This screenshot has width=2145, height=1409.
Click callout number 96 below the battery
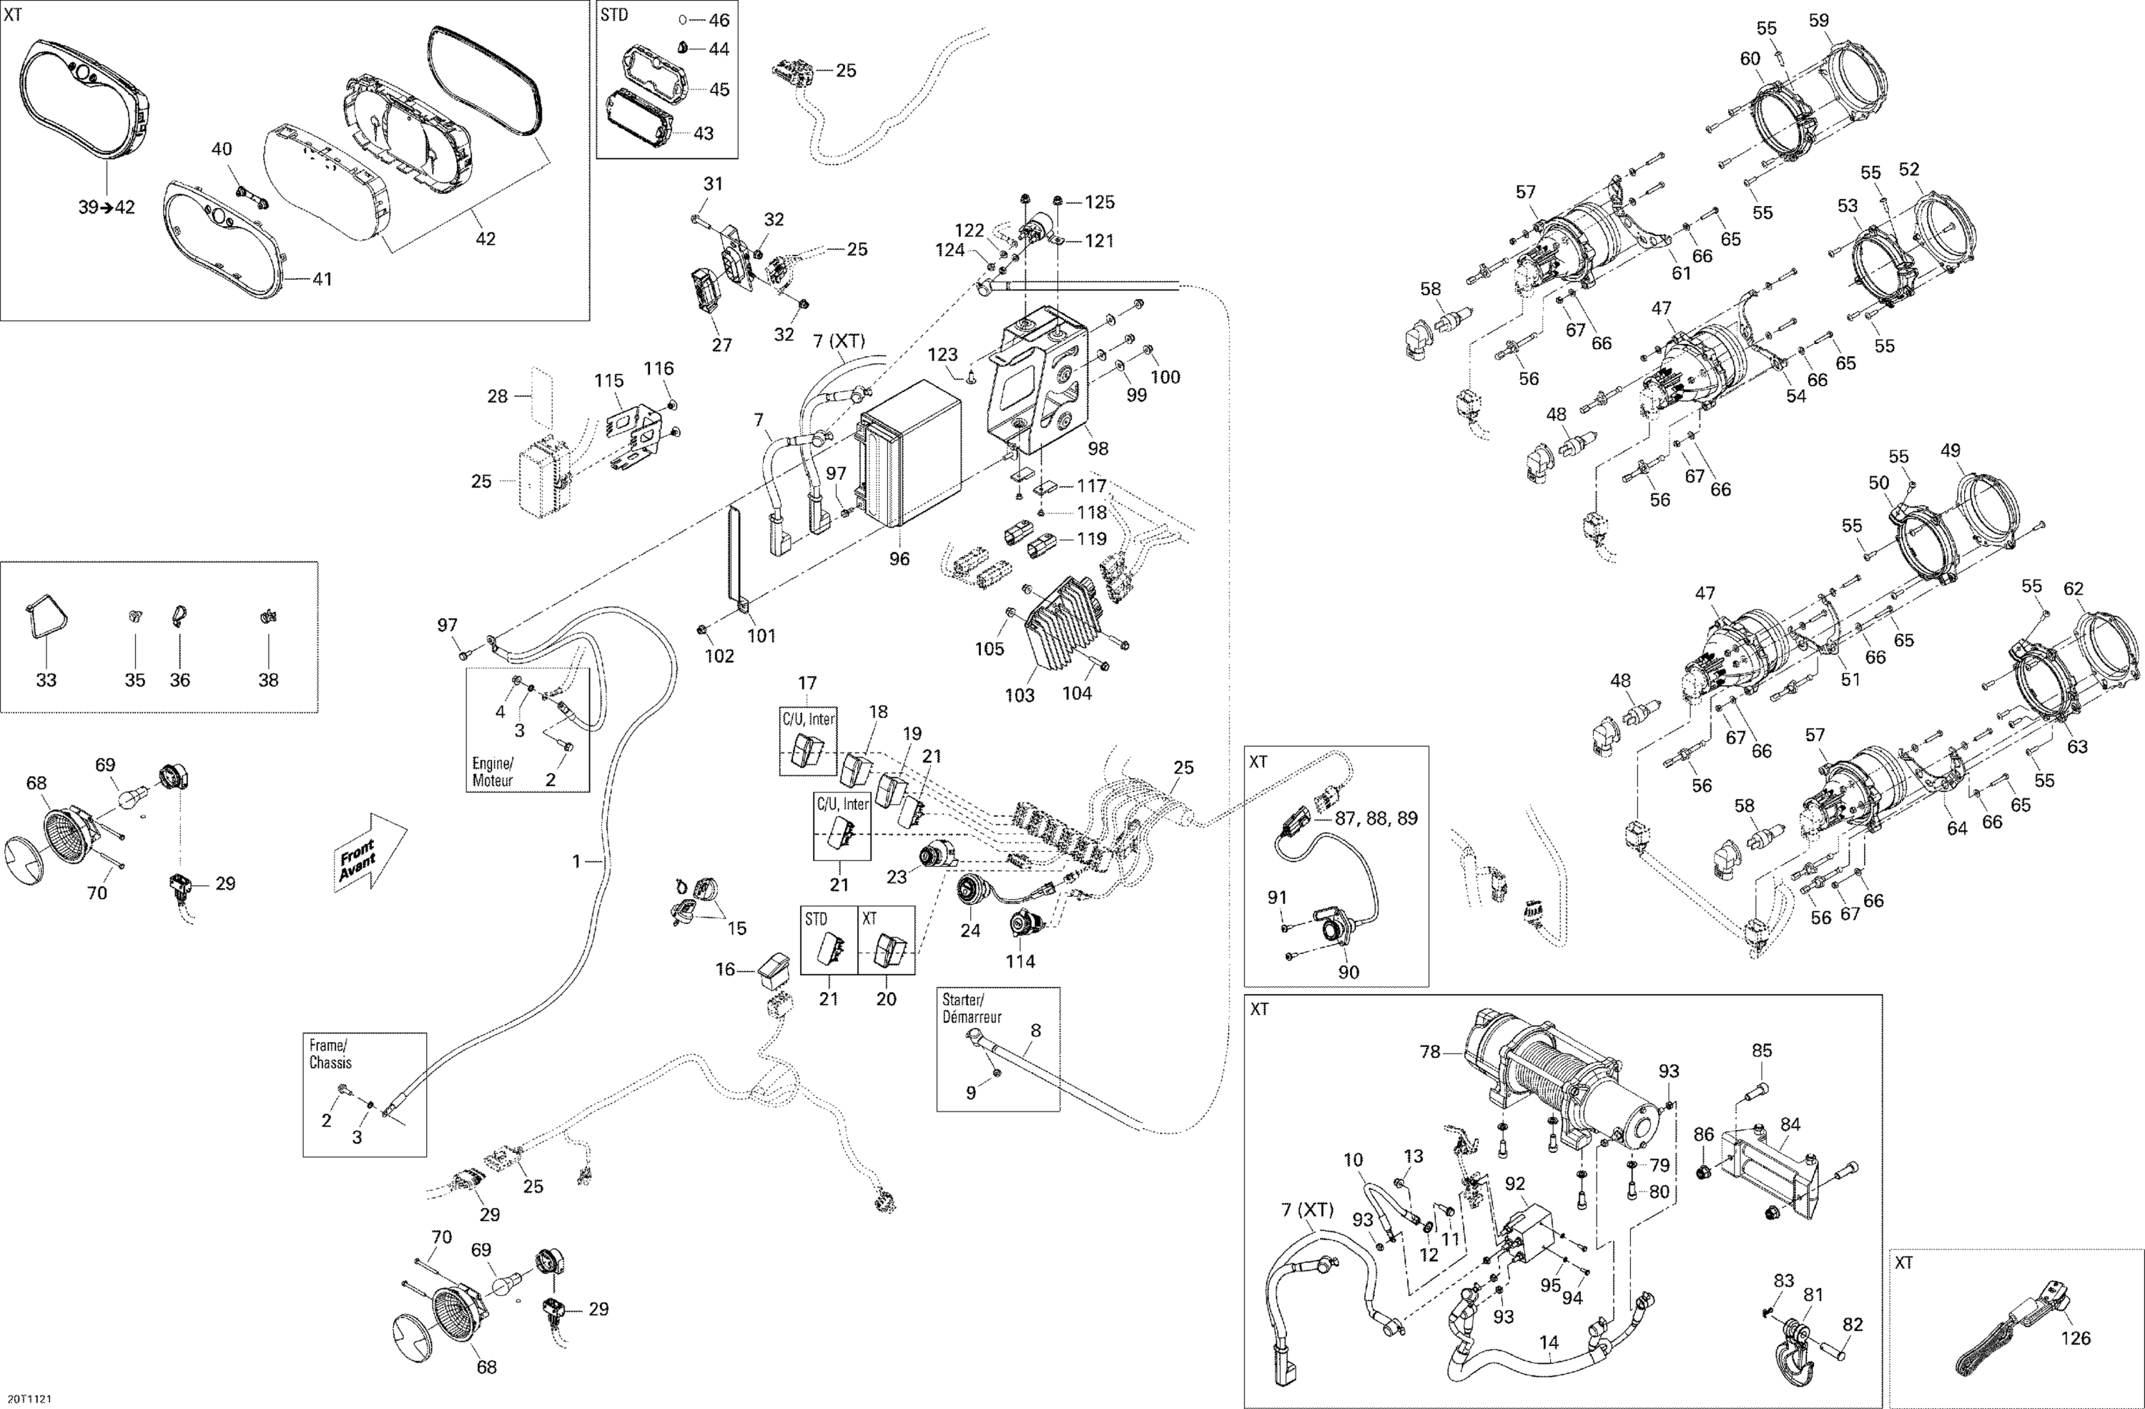pyautogui.click(x=899, y=559)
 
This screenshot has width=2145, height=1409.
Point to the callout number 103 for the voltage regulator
pyautogui.click(x=1020, y=695)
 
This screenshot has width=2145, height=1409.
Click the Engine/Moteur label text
pyautogui.click(x=492, y=772)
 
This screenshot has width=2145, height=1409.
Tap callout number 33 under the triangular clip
pyautogui.click(x=45, y=679)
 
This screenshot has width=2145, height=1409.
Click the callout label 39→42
pyautogui.click(x=105, y=207)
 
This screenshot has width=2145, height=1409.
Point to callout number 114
pyautogui.click(x=1020, y=962)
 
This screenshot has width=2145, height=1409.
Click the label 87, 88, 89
pyautogui.click(x=1376, y=818)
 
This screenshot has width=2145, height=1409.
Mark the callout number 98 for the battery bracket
pyautogui.click(x=1098, y=448)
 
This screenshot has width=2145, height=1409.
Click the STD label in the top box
pyautogui.click(x=615, y=15)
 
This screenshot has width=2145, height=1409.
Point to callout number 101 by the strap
pyautogui.click(x=761, y=636)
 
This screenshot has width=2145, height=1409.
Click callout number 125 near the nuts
pyautogui.click(x=1099, y=202)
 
